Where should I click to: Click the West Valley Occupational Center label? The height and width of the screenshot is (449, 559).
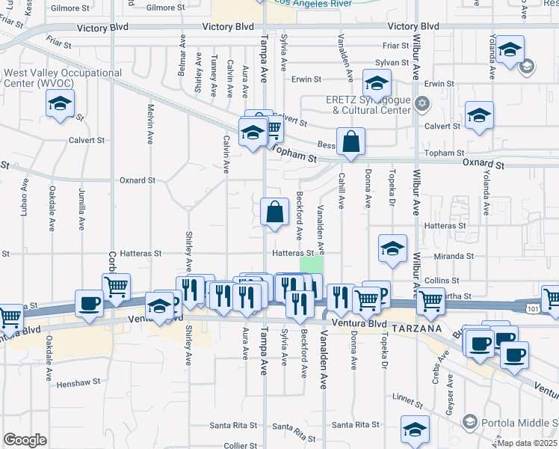(63, 78)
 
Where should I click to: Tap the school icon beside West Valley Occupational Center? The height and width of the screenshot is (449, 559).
(61, 106)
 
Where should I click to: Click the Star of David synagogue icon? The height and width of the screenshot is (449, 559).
(422, 103)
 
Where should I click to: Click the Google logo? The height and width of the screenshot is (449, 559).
(25, 440)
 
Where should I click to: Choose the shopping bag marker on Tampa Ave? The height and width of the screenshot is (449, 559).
(275, 212)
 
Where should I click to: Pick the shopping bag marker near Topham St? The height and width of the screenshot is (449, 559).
(350, 141)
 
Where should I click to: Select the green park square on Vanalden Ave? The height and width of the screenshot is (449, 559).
(312, 265)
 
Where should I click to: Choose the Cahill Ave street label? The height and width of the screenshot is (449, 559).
(341, 192)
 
